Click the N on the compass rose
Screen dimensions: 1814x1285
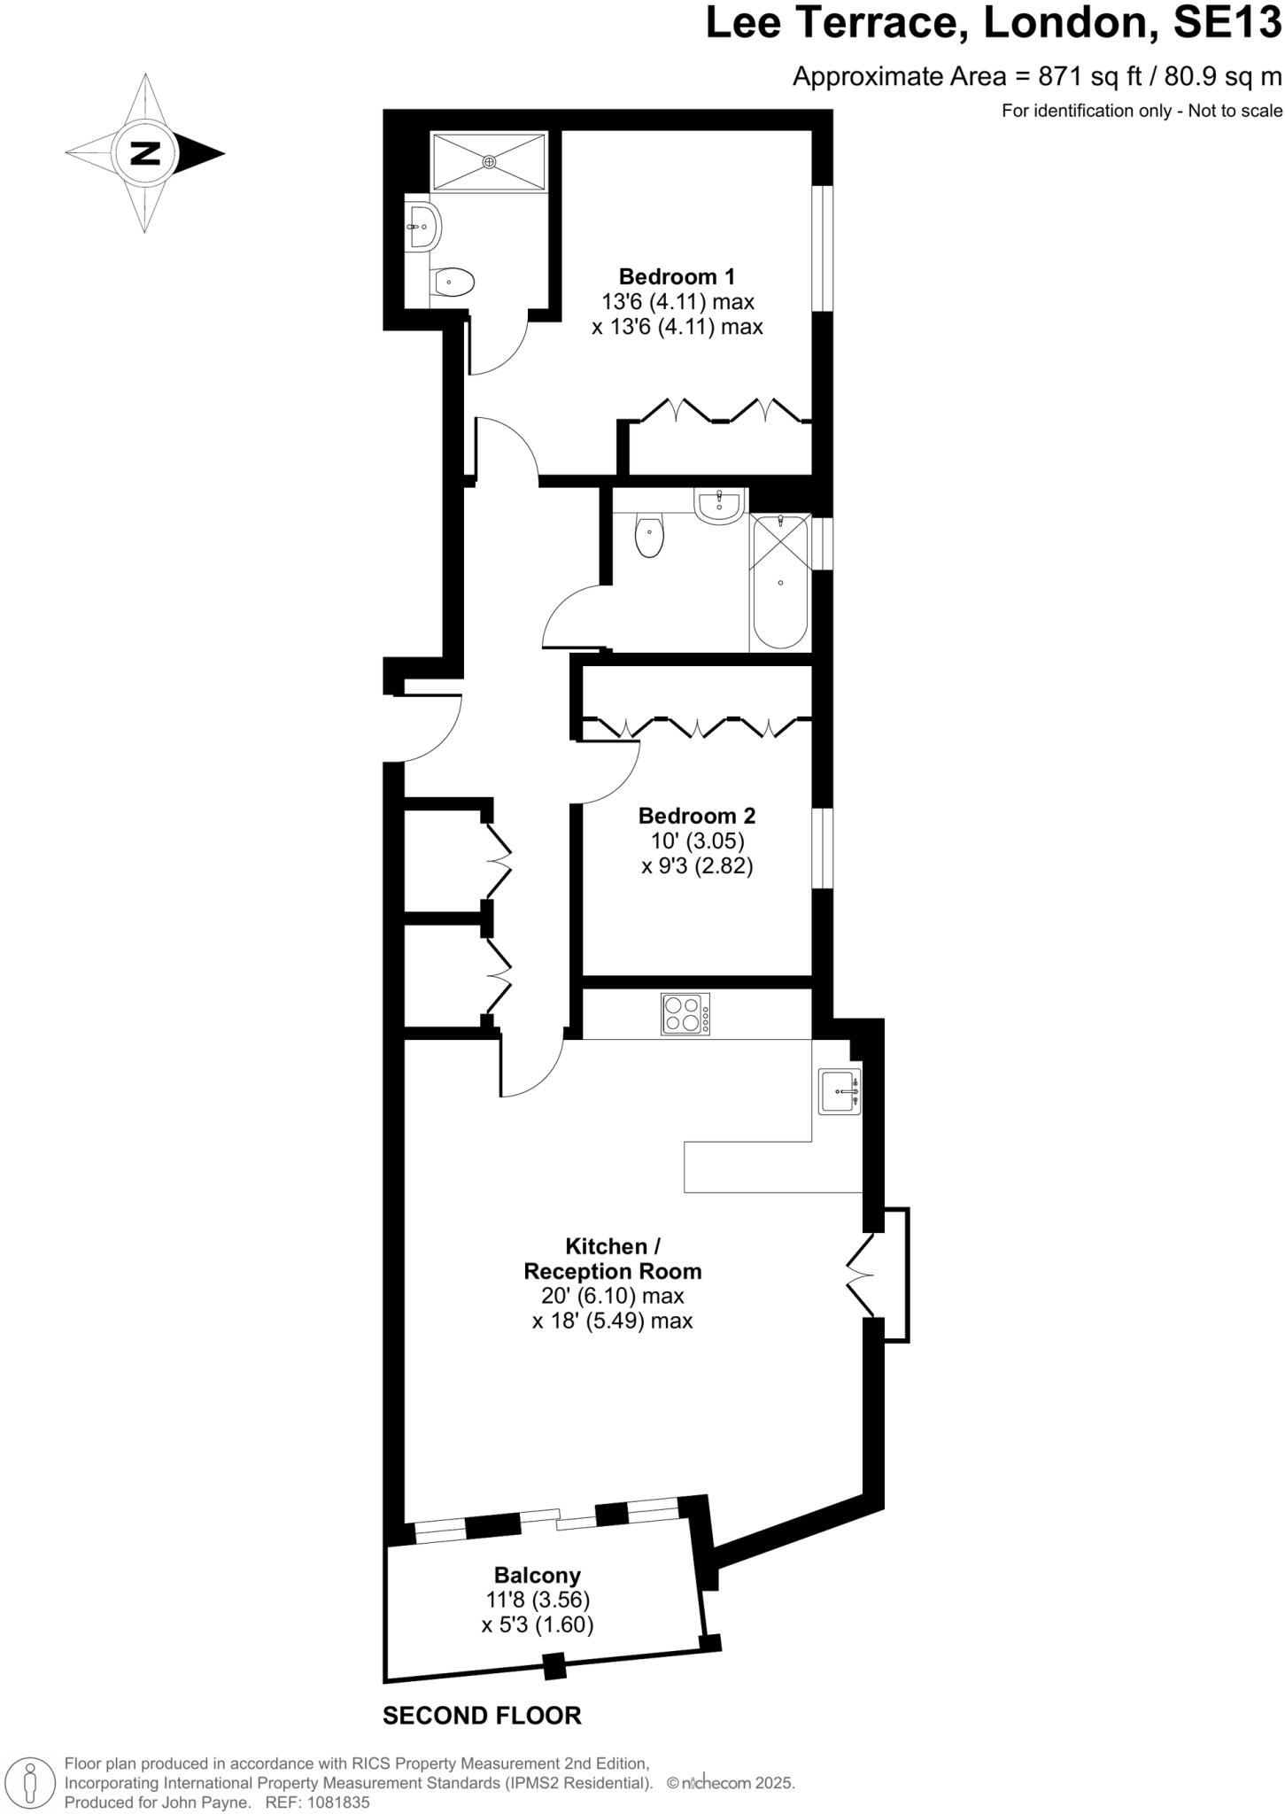145,153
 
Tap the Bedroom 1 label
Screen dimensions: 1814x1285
677,276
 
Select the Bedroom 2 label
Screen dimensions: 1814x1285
696,815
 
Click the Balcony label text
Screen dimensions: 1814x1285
537,1575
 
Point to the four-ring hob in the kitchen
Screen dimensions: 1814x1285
685,1014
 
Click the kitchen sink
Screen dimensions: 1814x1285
839,1091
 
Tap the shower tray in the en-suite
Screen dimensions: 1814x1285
489,161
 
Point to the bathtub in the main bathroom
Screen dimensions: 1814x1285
780,582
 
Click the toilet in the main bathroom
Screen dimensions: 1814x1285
650,535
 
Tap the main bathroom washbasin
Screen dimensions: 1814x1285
719,506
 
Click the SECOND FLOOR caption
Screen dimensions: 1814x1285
482,1716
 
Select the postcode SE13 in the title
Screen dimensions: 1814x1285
1227,23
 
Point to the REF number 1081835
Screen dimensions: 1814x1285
339,1802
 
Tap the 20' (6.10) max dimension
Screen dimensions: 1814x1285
613,1296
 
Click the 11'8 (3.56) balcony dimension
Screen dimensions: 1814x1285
538,1600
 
